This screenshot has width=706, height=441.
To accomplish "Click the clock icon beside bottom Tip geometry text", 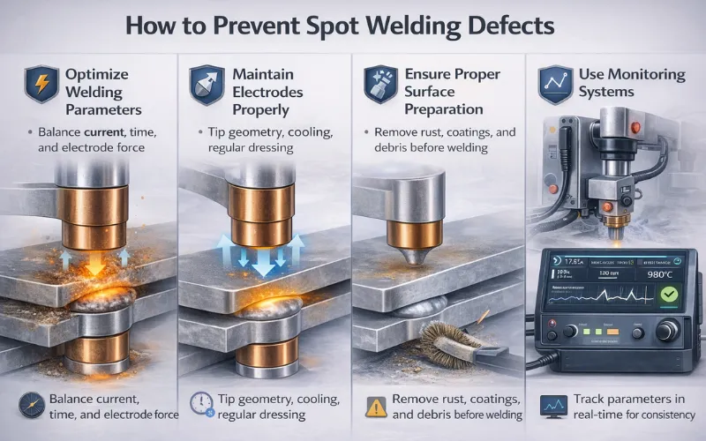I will pyautogui.click(x=199, y=401).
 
